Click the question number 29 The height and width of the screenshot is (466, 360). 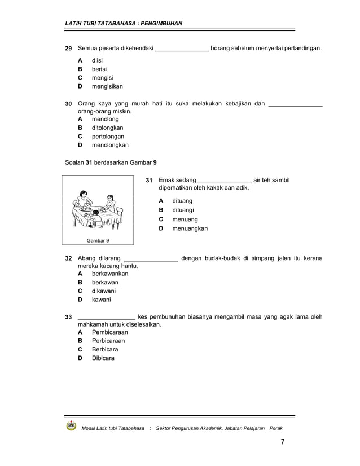tap(68, 49)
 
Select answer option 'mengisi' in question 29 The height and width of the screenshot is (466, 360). tap(103, 78)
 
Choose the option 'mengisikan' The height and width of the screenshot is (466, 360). tap(107, 87)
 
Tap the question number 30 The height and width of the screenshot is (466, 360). tap(68, 104)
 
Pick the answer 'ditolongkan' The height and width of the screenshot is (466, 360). tap(108, 128)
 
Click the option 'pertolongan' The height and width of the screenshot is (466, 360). tap(108, 137)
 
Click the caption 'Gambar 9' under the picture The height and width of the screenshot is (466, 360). tap(98, 240)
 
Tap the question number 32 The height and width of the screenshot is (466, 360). tap(68, 258)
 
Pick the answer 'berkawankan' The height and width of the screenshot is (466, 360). tap(110, 274)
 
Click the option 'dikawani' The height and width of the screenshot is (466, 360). tap(104, 291)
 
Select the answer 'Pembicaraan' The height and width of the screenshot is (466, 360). tap(110, 332)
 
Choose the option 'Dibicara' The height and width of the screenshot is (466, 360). tap(103, 358)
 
